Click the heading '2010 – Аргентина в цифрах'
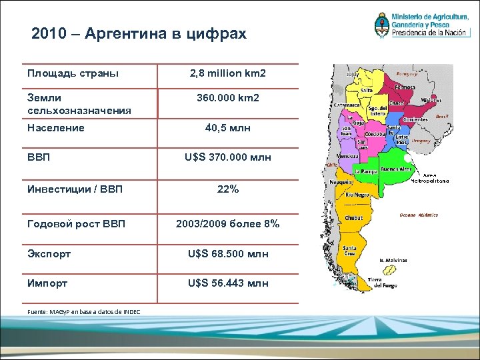pos(139,33)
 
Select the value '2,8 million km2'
pos(227,73)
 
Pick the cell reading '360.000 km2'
pos(227,98)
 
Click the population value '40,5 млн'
pos(227,128)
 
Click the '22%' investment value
pos(227,189)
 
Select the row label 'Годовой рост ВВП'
pos(76,224)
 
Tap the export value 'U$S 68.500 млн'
pos(227,254)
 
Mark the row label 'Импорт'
pos(47,283)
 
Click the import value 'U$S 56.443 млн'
pos(227,283)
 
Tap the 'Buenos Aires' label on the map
pos(395,169)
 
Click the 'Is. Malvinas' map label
pos(393,261)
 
